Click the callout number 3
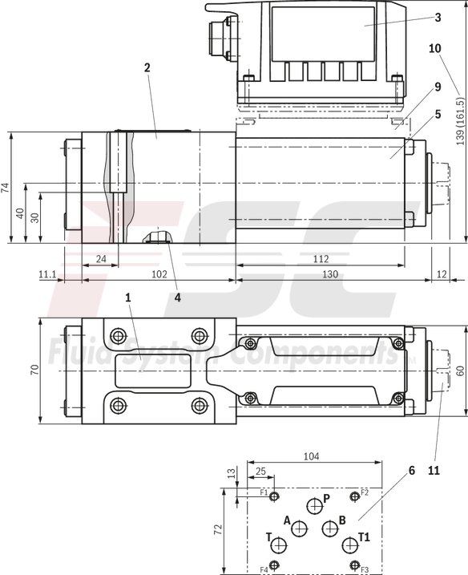438,17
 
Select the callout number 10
435,48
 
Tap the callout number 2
147,68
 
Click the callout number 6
411,471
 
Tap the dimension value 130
331,275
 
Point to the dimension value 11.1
47,275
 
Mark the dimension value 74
6,188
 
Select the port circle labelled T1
349,546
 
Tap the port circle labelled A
299,528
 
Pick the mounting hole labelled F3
353,565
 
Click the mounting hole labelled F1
275,497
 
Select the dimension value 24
101,259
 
